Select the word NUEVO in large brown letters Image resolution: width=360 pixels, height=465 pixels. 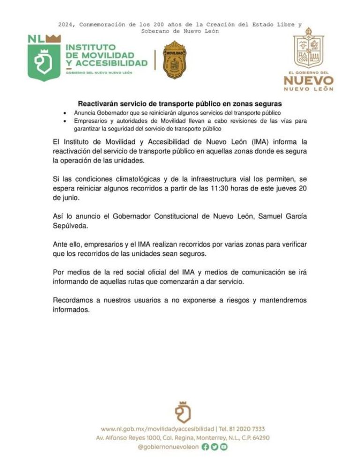click(x=308, y=80)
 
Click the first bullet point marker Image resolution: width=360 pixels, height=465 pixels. click(x=64, y=113)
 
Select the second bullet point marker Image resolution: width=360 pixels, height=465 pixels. click(x=64, y=121)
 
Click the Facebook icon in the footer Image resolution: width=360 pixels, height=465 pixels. click(x=205, y=447)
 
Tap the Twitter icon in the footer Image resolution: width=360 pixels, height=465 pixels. click(x=215, y=447)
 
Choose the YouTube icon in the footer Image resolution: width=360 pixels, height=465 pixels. click(x=224, y=447)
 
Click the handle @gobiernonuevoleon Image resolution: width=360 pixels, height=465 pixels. click(x=168, y=447)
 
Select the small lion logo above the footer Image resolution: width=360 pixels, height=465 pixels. click(x=182, y=412)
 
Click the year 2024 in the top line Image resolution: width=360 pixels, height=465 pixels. click(x=67, y=24)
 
